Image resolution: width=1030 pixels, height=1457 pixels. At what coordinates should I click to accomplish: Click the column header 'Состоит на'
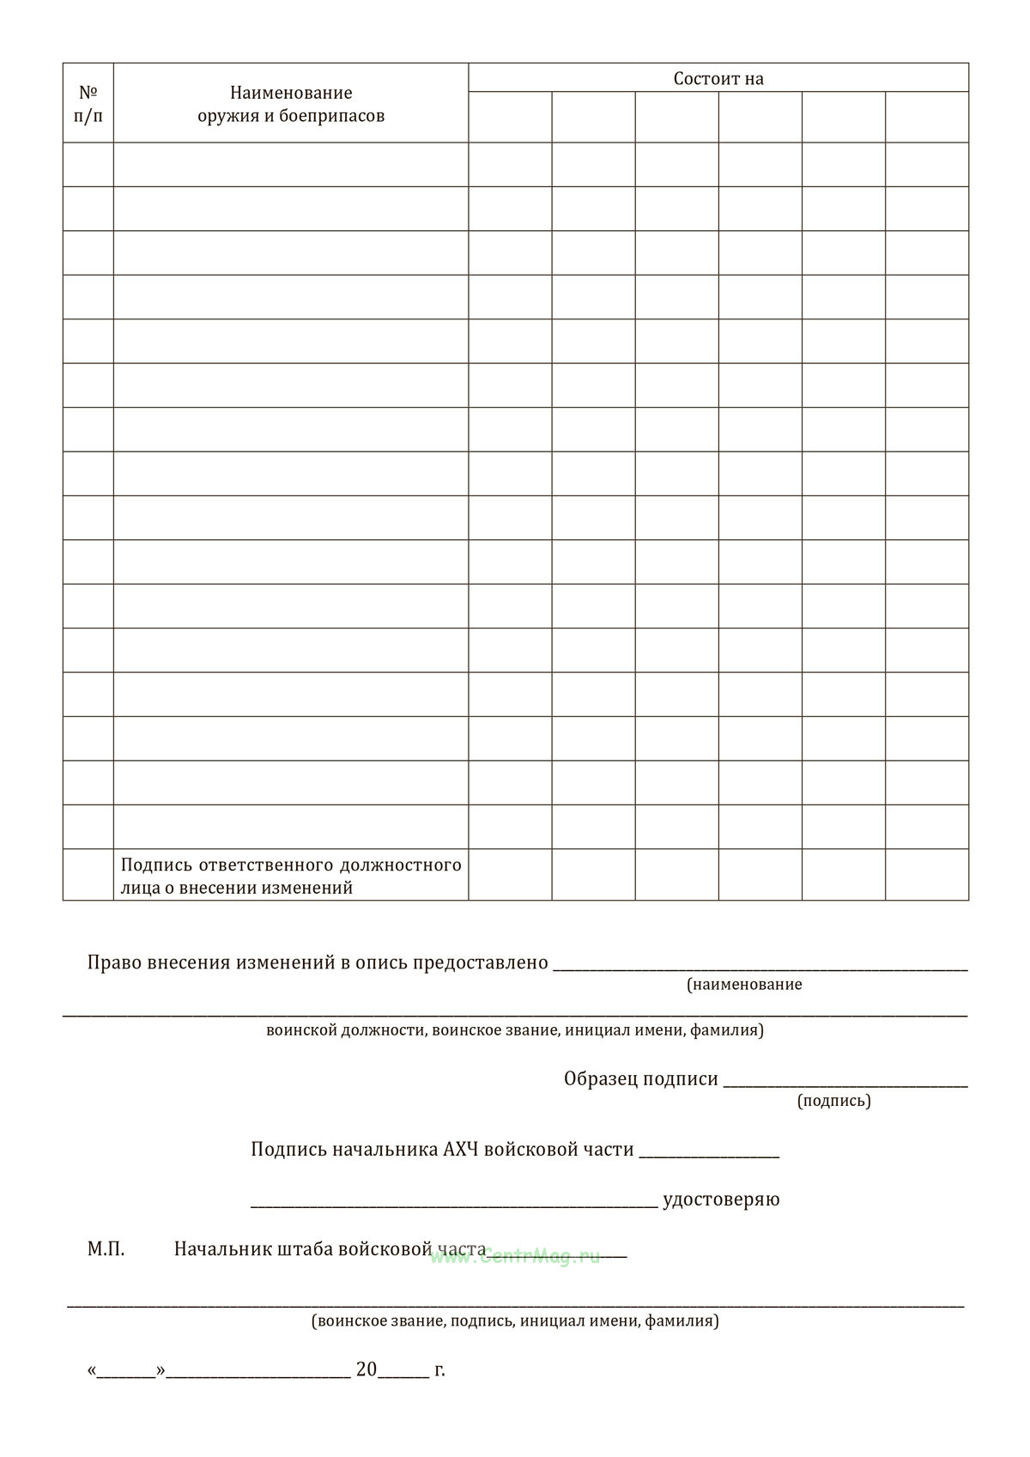pyautogui.click(x=718, y=79)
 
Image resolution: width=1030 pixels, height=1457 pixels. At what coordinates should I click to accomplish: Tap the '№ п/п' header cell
pyautogui.click(x=88, y=103)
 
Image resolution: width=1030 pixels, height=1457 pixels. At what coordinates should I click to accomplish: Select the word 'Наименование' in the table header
pyautogui.click(x=291, y=93)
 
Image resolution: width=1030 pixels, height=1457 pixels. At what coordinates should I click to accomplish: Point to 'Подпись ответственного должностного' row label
pyautogui.click(x=291, y=865)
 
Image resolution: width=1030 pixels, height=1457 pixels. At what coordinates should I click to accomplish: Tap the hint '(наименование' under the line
pyautogui.click(x=744, y=985)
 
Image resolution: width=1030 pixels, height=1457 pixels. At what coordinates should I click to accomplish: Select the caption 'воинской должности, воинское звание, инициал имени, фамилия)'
pyautogui.click(x=515, y=1030)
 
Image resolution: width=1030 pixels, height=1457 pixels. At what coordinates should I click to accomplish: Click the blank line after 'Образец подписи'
pyautogui.click(x=845, y=1084)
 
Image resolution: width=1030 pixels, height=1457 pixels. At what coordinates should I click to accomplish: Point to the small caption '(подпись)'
pyautogui.click(x=833, y=1101)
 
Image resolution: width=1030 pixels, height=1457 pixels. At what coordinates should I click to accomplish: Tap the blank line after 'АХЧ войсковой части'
pyautogui.click(x=709, y=1154)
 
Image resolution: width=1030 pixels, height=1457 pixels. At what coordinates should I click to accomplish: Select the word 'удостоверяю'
pyautogui.click(x=721, y=1199)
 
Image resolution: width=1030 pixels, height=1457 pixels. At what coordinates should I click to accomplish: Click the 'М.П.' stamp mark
pyautogui.click(x=106, y=1249)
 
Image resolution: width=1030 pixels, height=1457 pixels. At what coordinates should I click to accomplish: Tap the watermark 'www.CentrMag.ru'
pyautogui.click(x=515, y=1257)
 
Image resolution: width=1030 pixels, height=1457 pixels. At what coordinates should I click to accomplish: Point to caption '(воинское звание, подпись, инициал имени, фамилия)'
pyautogui.click(x=515, y=1321)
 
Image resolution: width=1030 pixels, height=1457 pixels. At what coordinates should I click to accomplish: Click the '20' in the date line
pyautogui.click(x=367, y=1369)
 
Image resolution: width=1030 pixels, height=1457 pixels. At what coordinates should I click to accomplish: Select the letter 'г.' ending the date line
pyautogui.click(x=439, y=1369)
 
